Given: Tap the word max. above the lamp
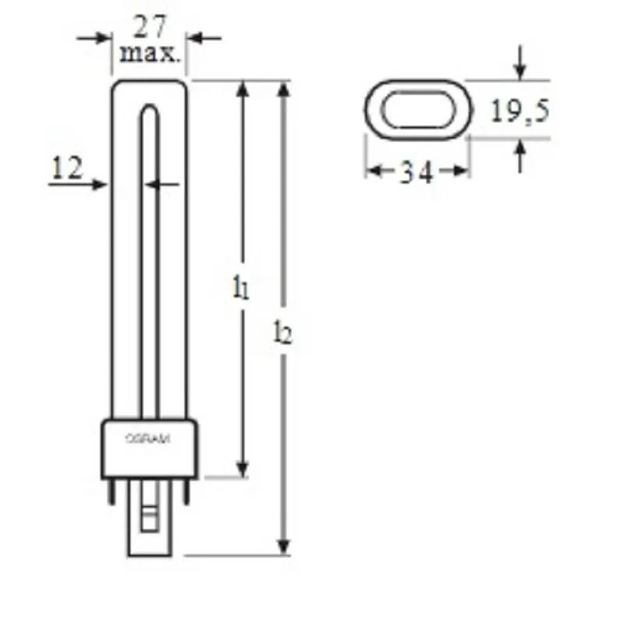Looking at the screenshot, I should (x=150, y=55).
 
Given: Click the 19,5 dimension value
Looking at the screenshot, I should (x=519, y=112).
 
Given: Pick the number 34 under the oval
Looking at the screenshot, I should (x=417, y=172).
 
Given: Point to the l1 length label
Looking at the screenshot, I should (x=241, y=288).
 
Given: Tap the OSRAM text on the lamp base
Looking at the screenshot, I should (x=147, y=439).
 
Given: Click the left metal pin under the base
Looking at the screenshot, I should (x=111, y=491).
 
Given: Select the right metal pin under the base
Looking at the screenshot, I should (x=187, y=491).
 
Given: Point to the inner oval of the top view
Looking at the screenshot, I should (x=418, y=108).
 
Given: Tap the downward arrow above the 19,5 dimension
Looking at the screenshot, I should (x=520, y=69).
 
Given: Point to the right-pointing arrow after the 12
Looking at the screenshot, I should (x=98, y=184).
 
